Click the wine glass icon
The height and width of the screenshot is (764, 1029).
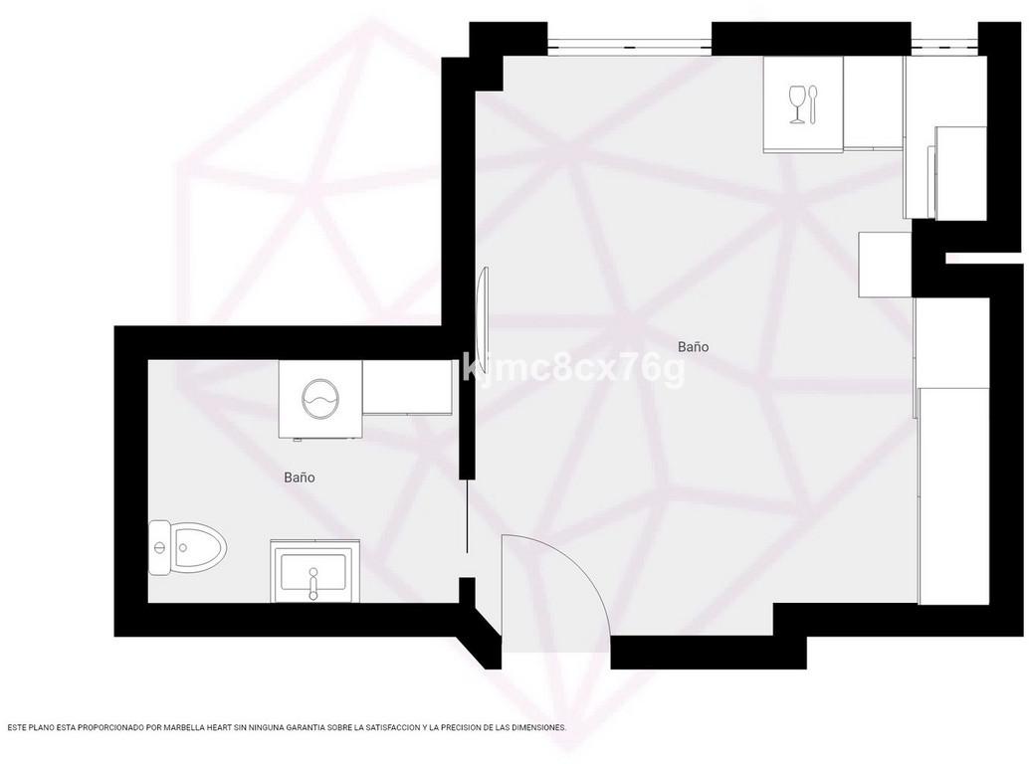pos(797,103)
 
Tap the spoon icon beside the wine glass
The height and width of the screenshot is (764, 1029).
pos(814,103)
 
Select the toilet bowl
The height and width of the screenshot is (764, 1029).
pos(199,547)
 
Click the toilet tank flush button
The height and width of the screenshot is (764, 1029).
pos(158,547)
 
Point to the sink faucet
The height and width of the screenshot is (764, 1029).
pos(313,583)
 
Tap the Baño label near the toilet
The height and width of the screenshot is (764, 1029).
pos(300,477)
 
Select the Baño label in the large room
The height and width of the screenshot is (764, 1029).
pos(693,346)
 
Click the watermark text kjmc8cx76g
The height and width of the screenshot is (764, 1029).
pos(573,369)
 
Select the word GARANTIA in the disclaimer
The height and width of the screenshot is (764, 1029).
pos(320,728)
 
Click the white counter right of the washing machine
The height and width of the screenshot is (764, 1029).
pos(408,388)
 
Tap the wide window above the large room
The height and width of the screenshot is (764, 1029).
pos(629,45)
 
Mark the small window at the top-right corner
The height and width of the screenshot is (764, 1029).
pos(944,45)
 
